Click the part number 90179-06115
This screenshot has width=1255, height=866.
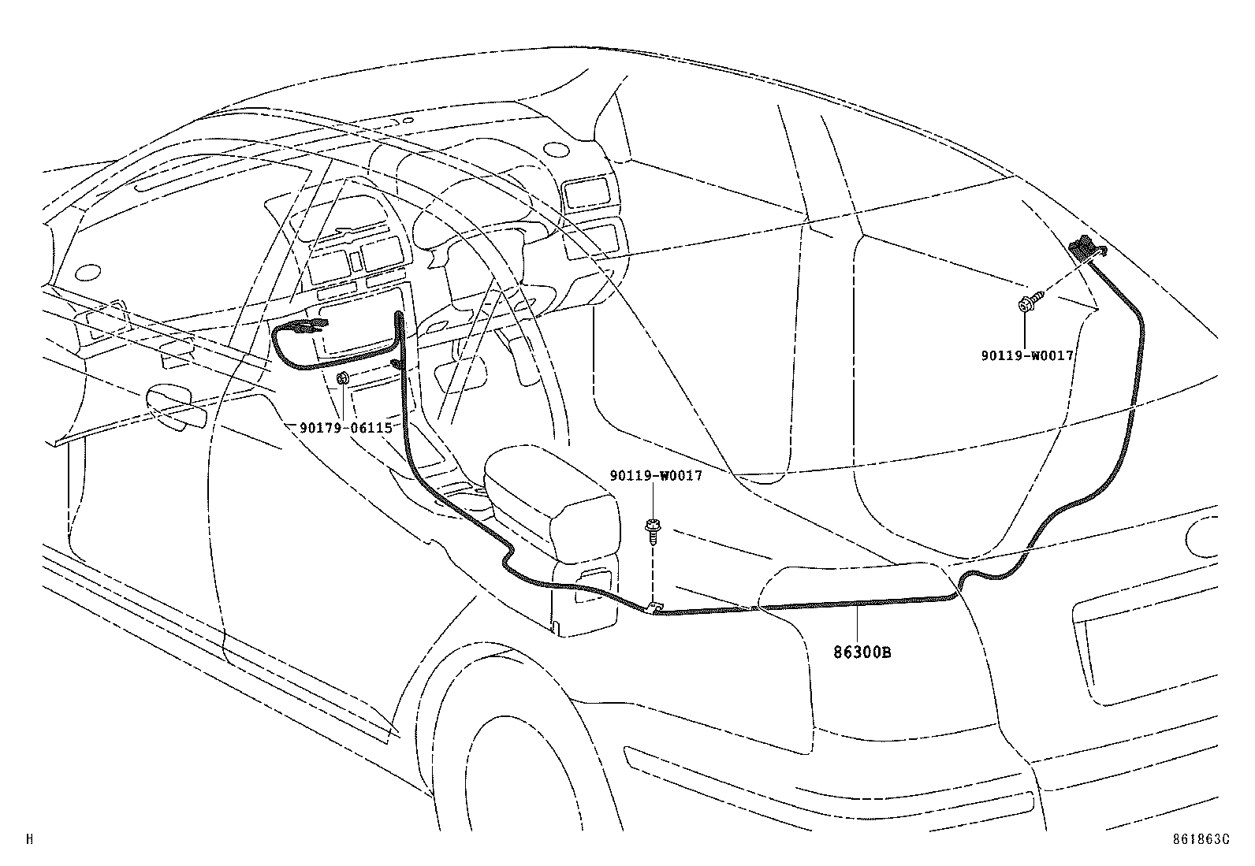(x=345, y=428)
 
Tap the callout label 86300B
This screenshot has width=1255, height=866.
(x=863, y=652)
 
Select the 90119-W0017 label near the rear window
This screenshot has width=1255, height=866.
(x=1027, y=355)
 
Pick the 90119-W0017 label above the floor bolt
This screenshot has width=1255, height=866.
(x=655, y=476)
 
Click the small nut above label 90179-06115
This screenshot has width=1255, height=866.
(x=343, y=380)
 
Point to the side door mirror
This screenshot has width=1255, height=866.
(x=175, y=405)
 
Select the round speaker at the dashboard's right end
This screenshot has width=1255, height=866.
(x=557, y=150)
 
